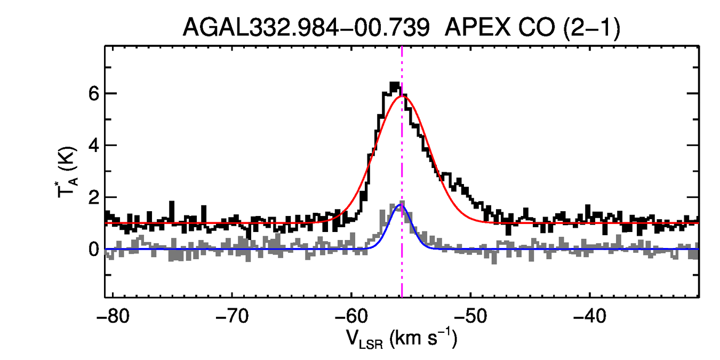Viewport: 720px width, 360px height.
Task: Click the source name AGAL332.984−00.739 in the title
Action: tap(306, 27)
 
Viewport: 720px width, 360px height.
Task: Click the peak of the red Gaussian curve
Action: tap(401, 96)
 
